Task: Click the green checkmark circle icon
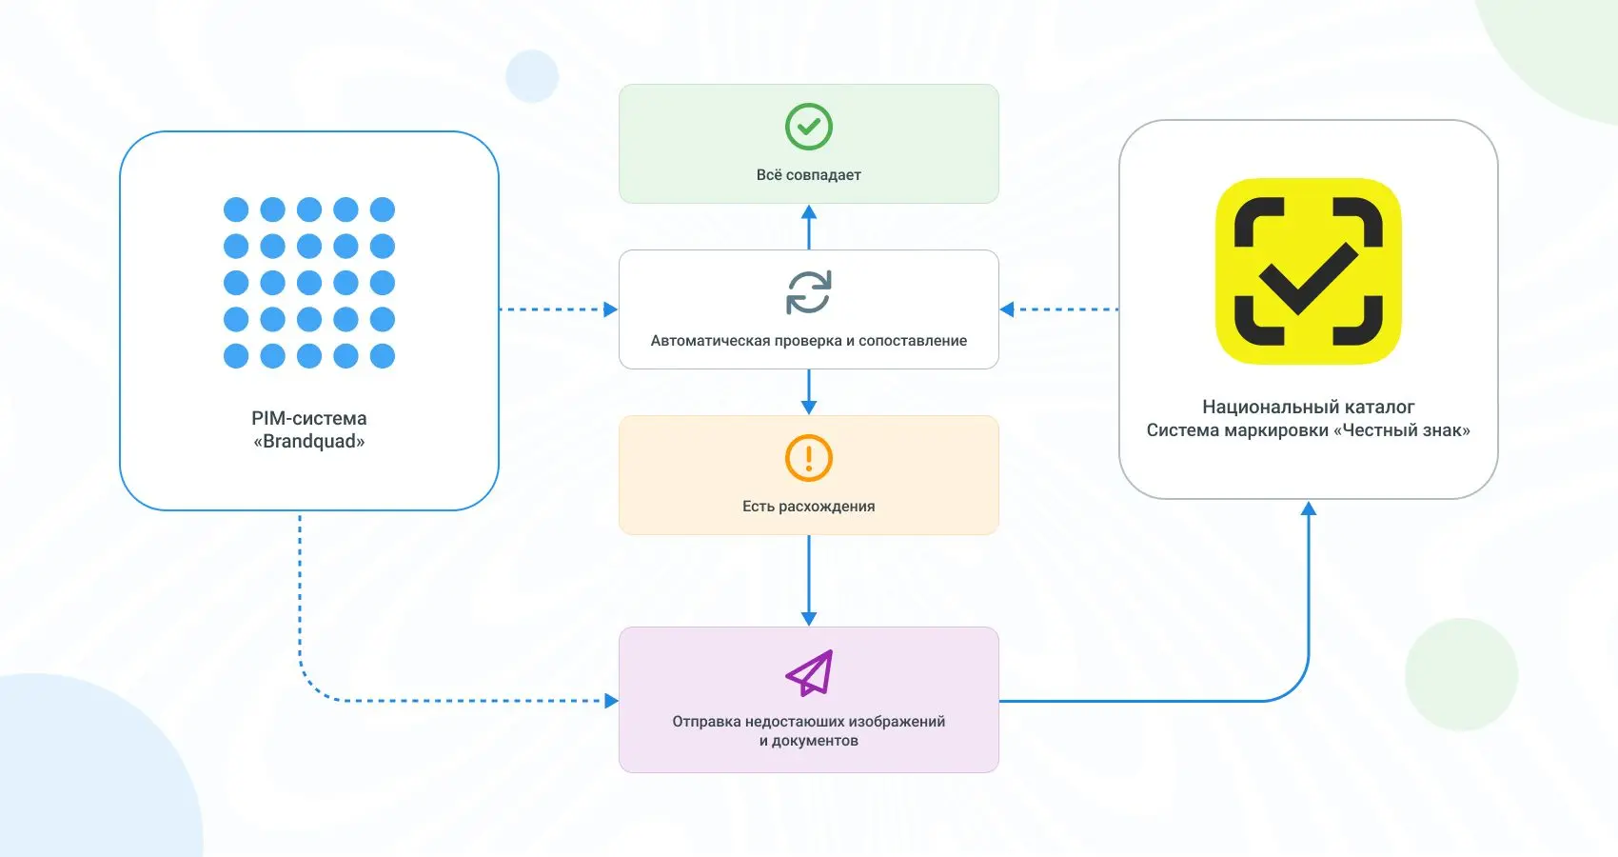coord(808,127)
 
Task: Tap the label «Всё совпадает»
coord(808,175)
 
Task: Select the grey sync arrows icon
coord(808,292)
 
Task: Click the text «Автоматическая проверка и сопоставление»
coord(808,340)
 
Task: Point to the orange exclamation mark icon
coord(808,457)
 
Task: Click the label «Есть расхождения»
coord(808,506)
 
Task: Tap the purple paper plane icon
coord(809,672)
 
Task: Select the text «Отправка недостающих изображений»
coord(808,721)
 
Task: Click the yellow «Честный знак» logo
coord(1308,271)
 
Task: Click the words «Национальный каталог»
coord(1308,407)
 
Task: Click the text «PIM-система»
coord(309,418)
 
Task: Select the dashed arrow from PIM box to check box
coord(559,309)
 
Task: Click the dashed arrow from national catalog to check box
coord(1059,309)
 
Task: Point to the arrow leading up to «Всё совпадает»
coord(809,227)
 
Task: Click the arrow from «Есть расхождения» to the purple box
coord(809,580)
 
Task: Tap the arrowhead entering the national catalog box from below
coord(1308,508)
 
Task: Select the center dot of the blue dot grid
coord(309,283)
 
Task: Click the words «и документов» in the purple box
coord(808,741)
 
